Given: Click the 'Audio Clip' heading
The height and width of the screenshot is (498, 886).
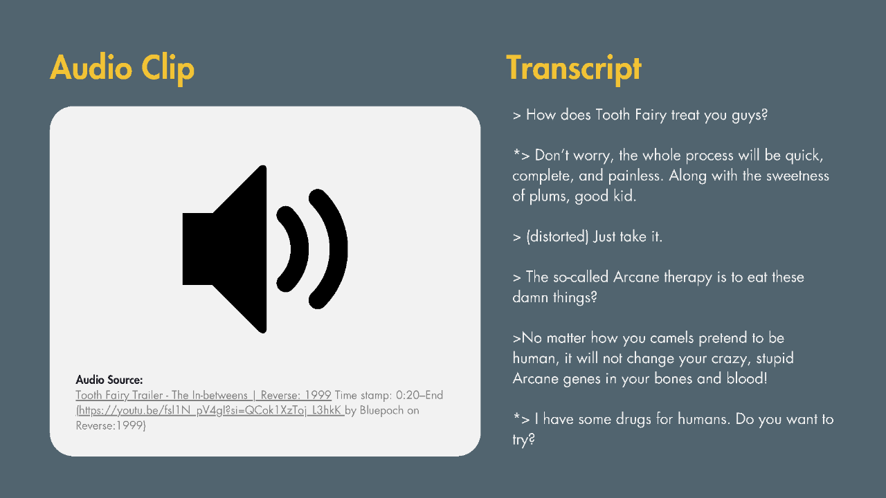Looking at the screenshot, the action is (x=123, y=68).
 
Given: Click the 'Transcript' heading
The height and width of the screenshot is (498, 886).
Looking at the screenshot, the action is (x=574, y=68).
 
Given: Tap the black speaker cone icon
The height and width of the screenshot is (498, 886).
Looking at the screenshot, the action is (x=224, y=249).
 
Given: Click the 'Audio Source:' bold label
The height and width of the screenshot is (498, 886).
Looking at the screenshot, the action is (x=109, y=380).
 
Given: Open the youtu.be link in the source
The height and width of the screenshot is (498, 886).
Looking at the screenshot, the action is (x=210, y=411).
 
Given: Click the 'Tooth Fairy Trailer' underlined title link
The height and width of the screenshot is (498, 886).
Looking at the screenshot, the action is (x=204, y=395).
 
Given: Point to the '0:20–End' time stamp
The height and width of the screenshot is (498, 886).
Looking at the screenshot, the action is (x=419, y=395).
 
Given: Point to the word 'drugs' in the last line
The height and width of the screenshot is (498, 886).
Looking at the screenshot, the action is (x=633, y=419).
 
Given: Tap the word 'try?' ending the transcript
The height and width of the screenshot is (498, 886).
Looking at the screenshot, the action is (x=524, y=440).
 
